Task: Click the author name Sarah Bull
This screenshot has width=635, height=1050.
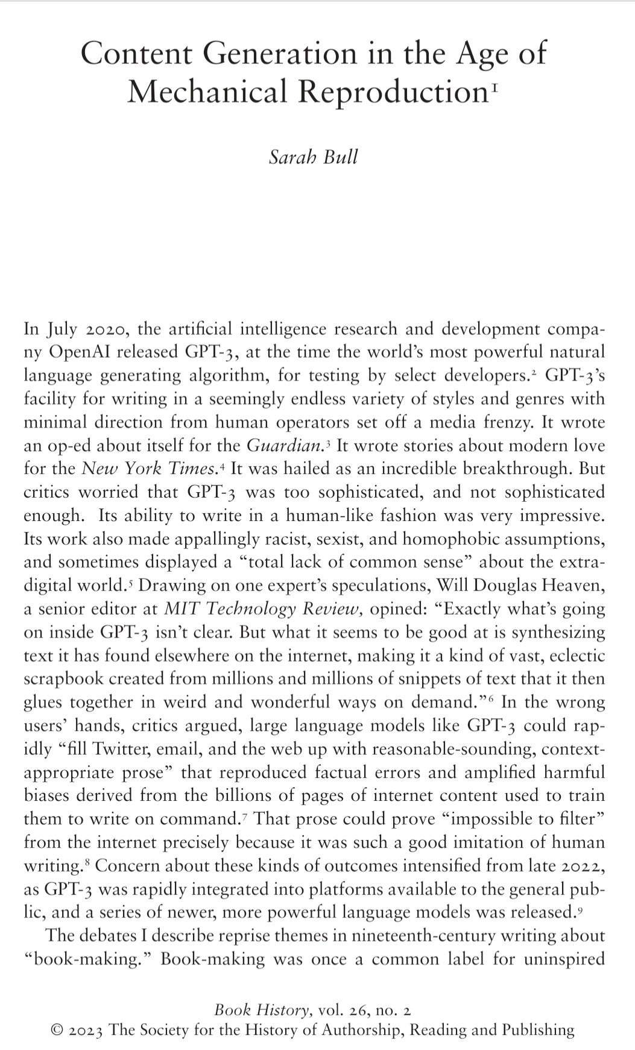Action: point(313,157)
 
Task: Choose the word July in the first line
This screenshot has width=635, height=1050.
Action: point(62,329)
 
